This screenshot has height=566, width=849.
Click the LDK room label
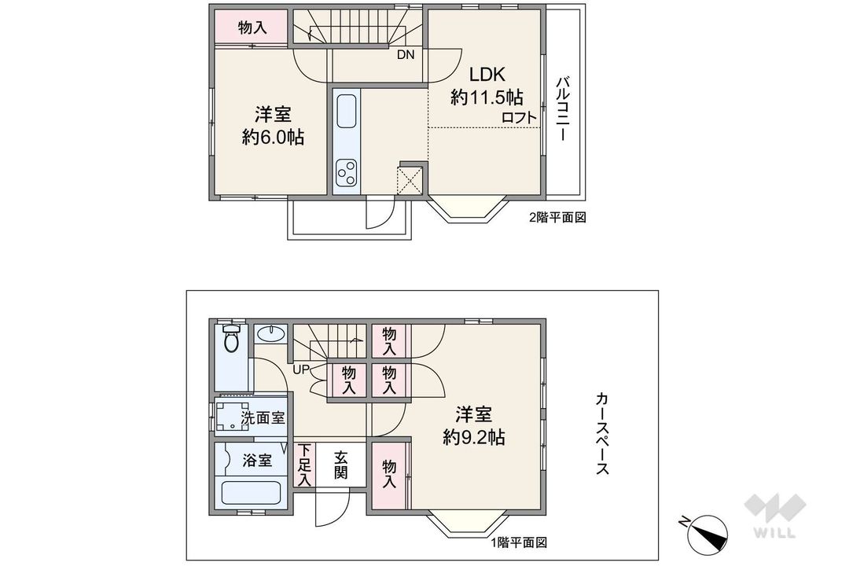click(x=487, y=74)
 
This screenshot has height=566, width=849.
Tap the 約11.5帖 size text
click(x=487, y=97)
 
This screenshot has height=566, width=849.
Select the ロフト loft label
click(x=519, y=118)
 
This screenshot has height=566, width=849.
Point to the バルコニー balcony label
click(x=563, y=109)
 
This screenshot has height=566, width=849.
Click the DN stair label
click(x=406, y=55)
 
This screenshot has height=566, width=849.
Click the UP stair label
click(x=301, y=370)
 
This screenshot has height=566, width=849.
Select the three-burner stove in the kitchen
click(x=346, y=173)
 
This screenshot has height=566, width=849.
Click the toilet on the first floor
click(x=232, y=338)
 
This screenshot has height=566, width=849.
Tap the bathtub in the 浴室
click(x=251, y=492)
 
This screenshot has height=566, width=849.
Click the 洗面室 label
click(x=263, y=418)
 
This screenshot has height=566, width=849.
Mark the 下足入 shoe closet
click(x=305, y=465)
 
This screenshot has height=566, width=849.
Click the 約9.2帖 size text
click(x=474, y=437)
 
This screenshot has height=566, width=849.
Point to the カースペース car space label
click(x=602, y=433)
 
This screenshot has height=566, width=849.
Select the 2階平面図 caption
click(x=557, y=218)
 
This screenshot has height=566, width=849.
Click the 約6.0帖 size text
click(x=273, y=138)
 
